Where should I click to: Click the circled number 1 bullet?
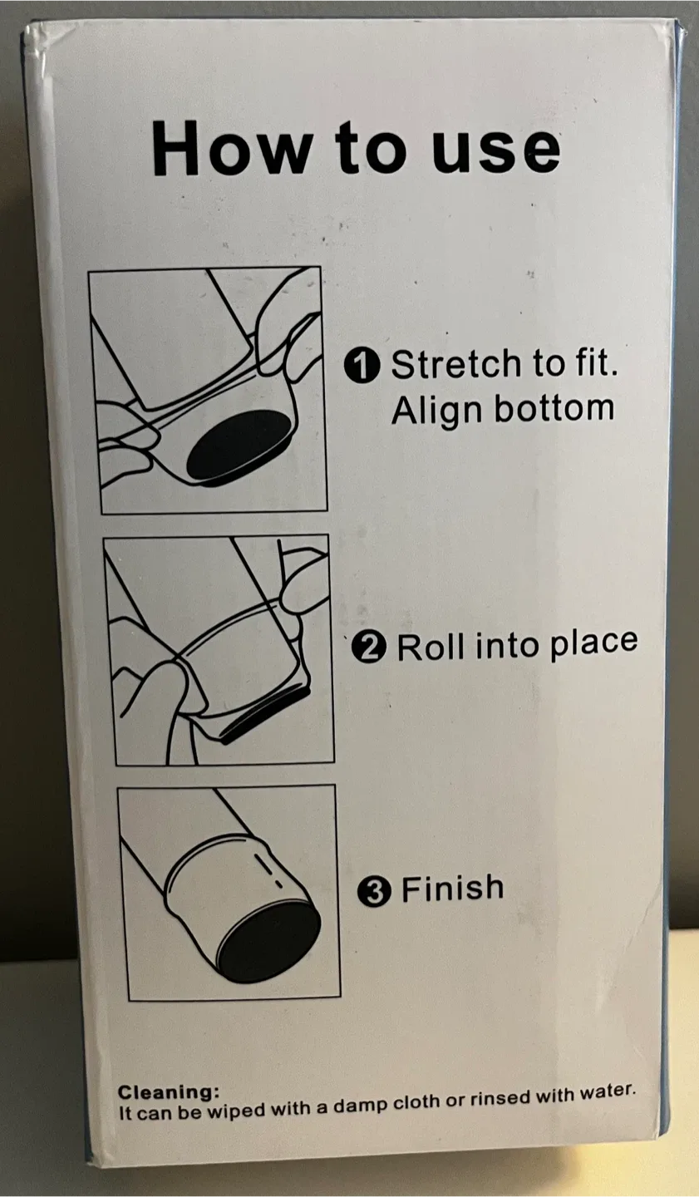click(362, 367)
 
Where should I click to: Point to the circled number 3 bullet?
click(373, 893)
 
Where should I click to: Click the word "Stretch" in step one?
click(458, 365)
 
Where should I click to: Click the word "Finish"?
click(452, 889)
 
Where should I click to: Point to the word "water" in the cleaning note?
click(607, 1092)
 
